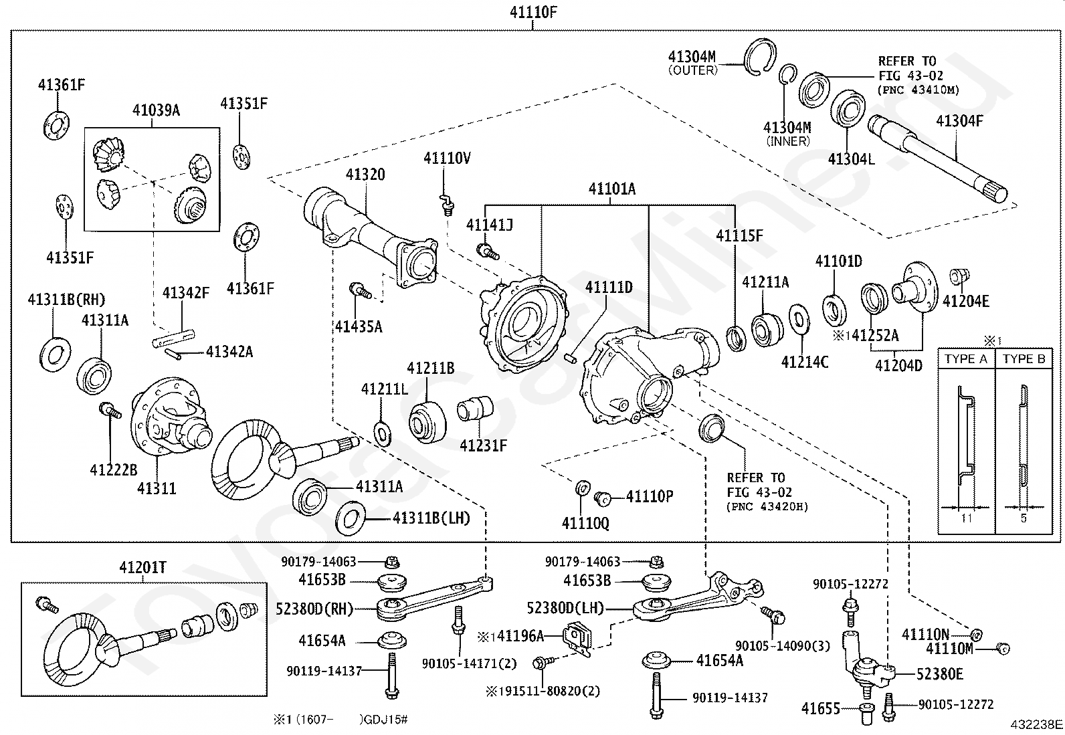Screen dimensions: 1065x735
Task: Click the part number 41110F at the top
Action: click(x=533, y=12)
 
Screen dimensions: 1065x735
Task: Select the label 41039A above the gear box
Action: click(x=156, y=110)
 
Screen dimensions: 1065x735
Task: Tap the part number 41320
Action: click(x=365, y=175)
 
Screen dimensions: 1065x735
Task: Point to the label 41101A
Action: click(x=612, y=189)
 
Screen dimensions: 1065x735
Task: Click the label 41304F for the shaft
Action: click(x=959, y=121)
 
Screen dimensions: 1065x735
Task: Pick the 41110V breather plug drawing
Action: click(x=446, y=205)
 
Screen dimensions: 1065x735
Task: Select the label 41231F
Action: click(x=483, y=445)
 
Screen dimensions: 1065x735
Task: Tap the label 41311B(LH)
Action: click(x=431, y=518)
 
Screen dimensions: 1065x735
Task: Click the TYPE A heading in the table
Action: click(x=965, y=359)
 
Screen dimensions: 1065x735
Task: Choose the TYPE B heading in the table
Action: click(x=1024, y=359)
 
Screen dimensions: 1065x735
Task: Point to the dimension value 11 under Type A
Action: click(x=966, y=518)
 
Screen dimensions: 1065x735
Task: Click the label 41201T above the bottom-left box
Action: click(x=142, y=567)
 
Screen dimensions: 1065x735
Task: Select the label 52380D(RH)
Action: click(x=314, y=609)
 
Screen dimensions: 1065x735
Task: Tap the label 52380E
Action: click(x=939, y=674)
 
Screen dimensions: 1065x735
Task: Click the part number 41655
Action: click(x=821, y=709)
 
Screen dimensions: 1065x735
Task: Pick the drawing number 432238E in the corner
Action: click(x=1036, y=724)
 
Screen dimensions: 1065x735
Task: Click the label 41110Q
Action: click(x=585, y=524)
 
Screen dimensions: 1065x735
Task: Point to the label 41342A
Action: click(x=229, y=352)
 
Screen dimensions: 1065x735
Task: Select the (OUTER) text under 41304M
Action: click(x=693, y=70)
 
